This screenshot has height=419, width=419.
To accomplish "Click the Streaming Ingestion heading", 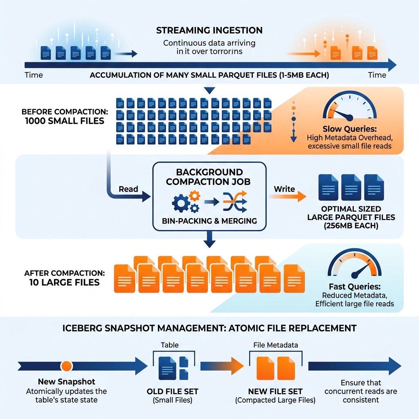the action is click(x=209, y=30).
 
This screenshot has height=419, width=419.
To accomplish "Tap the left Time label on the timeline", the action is click(x=34, y=75).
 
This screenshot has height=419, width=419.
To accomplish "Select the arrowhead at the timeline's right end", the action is click(x=392, y=65).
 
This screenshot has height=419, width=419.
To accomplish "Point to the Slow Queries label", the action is click(x=349, y=129).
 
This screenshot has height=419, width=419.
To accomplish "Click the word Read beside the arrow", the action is click(x=128, y=189).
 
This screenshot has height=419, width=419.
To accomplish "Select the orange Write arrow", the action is click(x=288, y=196).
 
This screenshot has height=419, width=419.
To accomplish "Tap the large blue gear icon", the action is click(x=181, y=203).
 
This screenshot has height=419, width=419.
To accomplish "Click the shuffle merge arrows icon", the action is click(x=235, y=202).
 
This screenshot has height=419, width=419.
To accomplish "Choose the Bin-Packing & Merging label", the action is click(x=209, y=221).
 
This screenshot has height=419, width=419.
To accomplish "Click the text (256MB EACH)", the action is click(x=351, y=226).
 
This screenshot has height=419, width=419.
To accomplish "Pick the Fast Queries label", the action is click(x=355, y=286).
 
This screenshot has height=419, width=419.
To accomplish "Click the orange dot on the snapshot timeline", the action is click(x=66, y=366).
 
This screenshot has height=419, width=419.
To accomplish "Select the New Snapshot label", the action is click(x=67, y=382).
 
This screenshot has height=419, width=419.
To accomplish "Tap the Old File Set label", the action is click(x=173, y=392).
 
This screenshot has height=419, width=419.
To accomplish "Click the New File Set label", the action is click(x=275, y=392).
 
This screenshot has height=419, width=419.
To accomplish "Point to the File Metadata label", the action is click(x=275, y=345).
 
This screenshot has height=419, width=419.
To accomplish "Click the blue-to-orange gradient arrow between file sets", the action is click(x=222, y=366).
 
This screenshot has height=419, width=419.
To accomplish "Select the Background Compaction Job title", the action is click(x=208, y=177).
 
